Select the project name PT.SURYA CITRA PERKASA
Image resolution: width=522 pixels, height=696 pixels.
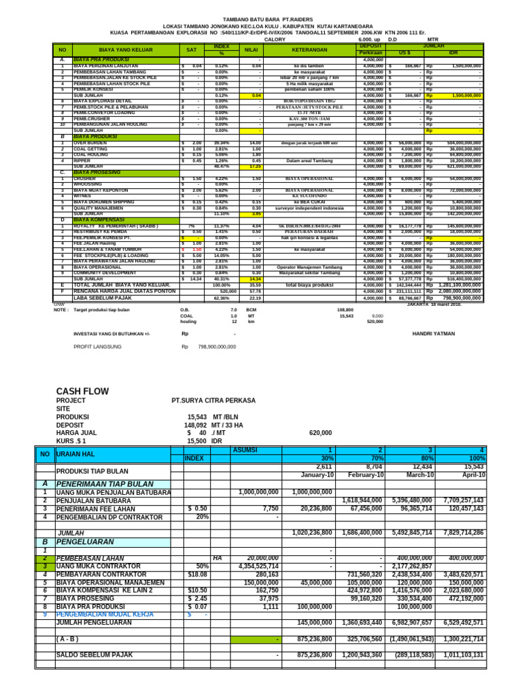pyautogui.click(x=213, y=401)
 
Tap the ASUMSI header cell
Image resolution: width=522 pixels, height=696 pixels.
pyautogui.click(x=245, y=450)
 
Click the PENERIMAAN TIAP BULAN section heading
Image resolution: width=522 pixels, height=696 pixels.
pyautogui.click(x=105, y=483)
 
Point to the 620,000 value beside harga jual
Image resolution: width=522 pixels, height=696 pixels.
pyautogui.click(x=320, y=432)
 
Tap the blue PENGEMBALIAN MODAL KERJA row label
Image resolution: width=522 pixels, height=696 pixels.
pyautogui.click(x=105, y=614)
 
